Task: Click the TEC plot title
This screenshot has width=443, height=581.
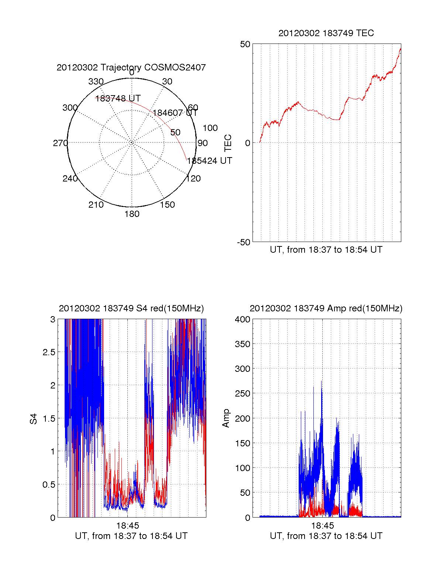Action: coord(326,33)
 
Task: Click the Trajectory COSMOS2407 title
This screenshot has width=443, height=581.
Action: coord(131,68)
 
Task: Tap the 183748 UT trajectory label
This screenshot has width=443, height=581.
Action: coord(118,98)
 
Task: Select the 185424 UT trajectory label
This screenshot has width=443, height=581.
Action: coord(209,161)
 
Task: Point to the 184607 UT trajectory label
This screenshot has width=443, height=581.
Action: coord(175,113)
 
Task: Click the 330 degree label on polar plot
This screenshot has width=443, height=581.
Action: coord(96,82)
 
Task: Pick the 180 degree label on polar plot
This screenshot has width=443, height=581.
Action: coord(132,214)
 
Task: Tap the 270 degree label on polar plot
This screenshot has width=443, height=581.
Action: coord(60,143)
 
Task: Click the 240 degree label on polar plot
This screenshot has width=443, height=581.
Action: coord(70,179)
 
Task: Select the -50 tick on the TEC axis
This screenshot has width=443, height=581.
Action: coord(244,242)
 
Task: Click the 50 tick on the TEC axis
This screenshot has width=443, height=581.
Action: coord(245,44)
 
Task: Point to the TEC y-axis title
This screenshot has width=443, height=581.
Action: coord(228,143)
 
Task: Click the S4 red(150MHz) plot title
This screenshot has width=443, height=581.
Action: coord(131,308)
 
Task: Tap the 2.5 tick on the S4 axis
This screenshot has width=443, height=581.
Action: coord(49,352)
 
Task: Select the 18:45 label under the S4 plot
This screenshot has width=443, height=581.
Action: coord(128,526)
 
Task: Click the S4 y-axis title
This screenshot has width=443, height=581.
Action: coord(34,419)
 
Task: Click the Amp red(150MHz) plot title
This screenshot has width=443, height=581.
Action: coord(326,308)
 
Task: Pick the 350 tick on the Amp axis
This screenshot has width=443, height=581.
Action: coord(243,344)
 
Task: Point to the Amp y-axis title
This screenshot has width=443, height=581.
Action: coord(226,418)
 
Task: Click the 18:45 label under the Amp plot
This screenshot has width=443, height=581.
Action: coord(322,526)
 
